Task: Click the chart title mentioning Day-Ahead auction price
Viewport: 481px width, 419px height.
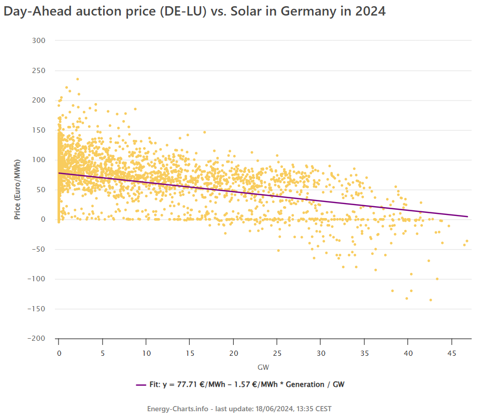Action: (194, 11)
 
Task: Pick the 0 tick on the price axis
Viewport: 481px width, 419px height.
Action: (44, 220)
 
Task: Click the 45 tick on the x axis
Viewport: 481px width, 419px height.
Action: (451, 353)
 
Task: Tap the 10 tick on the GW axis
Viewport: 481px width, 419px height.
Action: (146, 353)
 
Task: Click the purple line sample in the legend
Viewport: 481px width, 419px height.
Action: (142, 385)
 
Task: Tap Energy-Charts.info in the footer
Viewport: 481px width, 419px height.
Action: (178, 409)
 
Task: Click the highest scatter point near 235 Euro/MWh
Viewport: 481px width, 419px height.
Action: (78, 79)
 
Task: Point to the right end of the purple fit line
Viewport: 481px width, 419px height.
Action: (468, 216)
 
